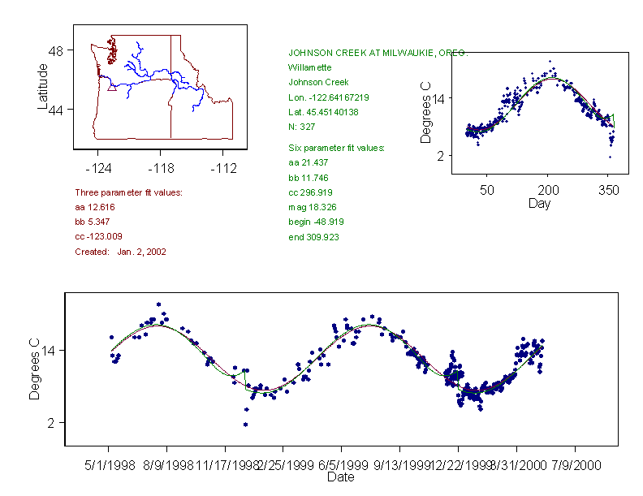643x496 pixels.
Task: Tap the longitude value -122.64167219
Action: pos(329,97)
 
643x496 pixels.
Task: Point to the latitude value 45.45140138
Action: pos(324,112)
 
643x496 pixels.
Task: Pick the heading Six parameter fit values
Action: pos(336,148)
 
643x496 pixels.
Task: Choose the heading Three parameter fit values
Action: pos(128,192)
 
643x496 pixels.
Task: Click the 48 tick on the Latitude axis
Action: pos(56,50)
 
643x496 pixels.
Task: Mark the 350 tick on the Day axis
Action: pos(608,190)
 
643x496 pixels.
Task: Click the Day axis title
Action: pos(539,203)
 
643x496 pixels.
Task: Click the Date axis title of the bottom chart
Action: pos(340,477)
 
